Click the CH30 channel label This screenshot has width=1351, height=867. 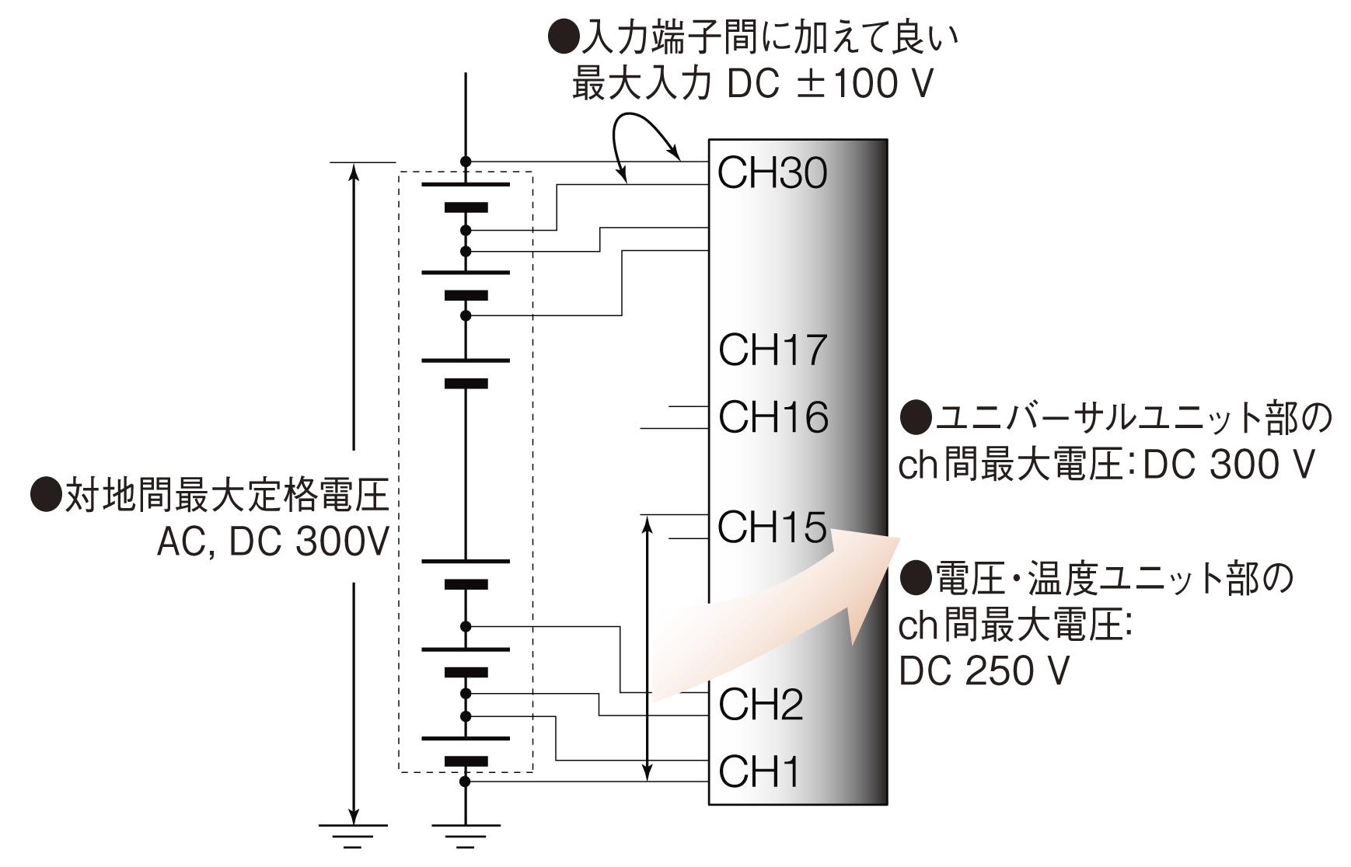pyautogui.click(x=772, y=172)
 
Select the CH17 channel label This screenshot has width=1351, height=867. pyautogui.click(x=772, y=350)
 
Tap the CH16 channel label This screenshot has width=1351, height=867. pyautogui.click(x=773, y=417)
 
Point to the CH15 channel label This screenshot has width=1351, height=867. pyautogui.click(x=771, y=528)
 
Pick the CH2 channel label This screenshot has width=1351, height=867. pyautogui.click(x=760, y=705)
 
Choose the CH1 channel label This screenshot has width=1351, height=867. pyautogui.click(x=759, y=771)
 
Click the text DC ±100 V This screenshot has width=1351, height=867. pyautogui.click(x=829, y=85)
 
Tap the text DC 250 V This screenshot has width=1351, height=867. pyautogui.click(x=983, y=670)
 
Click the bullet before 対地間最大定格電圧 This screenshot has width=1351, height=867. pyautogui.click(x=46, y=496)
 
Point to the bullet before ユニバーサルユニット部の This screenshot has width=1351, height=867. pyautogui.click(x=916, y=417)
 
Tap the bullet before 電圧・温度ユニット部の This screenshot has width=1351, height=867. pyautogui.click(x=916, y=579)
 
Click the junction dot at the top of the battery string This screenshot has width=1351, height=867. pyautogui.click(x=466, y=162)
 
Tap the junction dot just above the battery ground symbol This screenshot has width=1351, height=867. pyautogui.click(x=466, y=782)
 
